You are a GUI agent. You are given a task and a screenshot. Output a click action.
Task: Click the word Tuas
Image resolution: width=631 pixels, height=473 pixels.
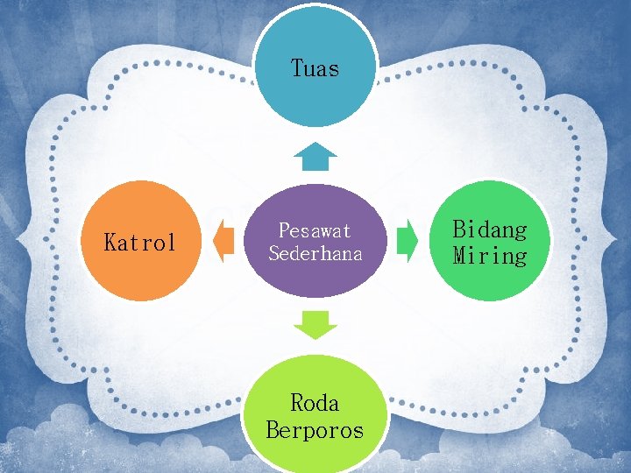click(x=315, y=68)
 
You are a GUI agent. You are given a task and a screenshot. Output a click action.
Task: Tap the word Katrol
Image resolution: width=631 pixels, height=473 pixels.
click(x=140, y=243)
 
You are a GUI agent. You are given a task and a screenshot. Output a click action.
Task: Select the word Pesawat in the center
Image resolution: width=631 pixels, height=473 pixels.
click(x=315, y=230)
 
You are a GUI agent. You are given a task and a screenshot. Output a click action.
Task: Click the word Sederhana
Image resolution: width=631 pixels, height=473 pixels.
click(x=315, y=253)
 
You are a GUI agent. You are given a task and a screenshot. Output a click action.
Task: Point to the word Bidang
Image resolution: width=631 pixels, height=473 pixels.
click(x=490, y=229)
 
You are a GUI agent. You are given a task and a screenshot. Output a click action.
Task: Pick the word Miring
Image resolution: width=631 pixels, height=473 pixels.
click(x=490, y=256)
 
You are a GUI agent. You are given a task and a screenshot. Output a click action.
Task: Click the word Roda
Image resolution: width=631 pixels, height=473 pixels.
click(x=315, y=403)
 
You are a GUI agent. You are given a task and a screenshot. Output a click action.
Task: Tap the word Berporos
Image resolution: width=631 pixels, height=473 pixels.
click(x=315, y=430)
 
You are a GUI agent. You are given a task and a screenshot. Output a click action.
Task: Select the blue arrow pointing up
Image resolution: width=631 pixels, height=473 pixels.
click(x=315, y=157)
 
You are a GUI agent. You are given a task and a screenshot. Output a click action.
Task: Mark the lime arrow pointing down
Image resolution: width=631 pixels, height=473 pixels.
click(x=315, y=325)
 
